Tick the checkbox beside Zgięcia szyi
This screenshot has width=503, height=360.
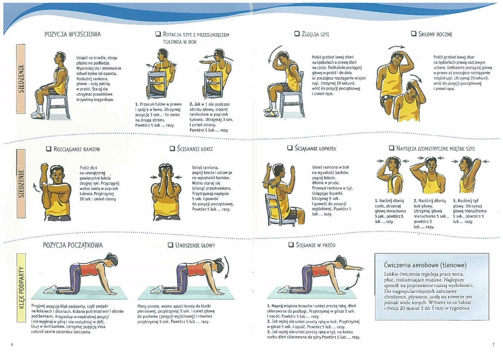click(297, 34)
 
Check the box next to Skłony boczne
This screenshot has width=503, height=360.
click(414, 34)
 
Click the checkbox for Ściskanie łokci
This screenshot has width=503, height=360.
click(172, 148)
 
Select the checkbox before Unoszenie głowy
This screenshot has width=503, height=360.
click(171, 245)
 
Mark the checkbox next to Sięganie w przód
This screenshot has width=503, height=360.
click(291, 244)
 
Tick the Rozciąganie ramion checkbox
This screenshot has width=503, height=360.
click(48, 149)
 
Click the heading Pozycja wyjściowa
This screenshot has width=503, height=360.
click(73, 34)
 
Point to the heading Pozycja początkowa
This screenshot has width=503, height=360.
click(73, 245)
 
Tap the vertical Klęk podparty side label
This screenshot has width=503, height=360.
click(21, 288)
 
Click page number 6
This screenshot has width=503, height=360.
click(12, 345)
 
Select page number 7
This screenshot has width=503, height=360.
click(493, 345)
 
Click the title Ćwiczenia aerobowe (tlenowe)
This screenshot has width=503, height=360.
click(425, 265)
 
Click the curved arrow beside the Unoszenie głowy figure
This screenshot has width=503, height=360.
click(227, 268)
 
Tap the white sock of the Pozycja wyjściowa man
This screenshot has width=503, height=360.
click(41, 108)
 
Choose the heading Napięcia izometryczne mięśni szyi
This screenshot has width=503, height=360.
click(435, 148)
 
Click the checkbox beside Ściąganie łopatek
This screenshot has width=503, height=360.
click(290, 148)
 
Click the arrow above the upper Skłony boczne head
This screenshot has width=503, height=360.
click(396, 47)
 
